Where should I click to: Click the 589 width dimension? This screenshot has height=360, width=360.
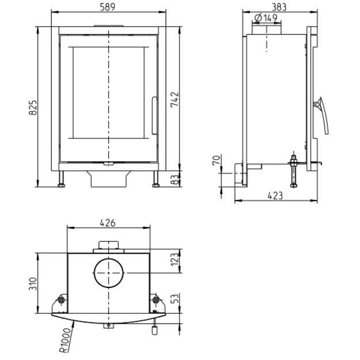coord(108,7)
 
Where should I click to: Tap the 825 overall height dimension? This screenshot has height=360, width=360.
coord(33,108)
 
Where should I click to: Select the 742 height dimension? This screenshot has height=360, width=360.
coord(175,100)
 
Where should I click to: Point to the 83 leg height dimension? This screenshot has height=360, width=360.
coord(175,180)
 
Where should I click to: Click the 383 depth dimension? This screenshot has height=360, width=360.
coord(279,7)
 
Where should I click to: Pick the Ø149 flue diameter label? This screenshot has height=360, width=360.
coord(266,18)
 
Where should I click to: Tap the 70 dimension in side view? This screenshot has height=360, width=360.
coord(217,160)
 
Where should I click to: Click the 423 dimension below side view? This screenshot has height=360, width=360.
coord(275,196)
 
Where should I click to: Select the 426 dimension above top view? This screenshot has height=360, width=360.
coord(108,223)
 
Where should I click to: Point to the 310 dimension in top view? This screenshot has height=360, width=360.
coord(33,284)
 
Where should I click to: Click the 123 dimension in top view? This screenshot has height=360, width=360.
coord(175,259)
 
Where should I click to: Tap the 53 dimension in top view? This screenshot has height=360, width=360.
coord(175,298)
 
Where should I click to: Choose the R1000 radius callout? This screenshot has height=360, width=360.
coord(65,340)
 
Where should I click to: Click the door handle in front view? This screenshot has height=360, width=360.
coord(154,115)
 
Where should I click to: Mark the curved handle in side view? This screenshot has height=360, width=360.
coord(323,116)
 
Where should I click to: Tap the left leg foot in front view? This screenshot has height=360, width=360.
coord(61,185)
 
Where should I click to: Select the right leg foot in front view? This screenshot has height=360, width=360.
coord(156,185)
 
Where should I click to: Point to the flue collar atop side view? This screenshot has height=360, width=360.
coord(267,30)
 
